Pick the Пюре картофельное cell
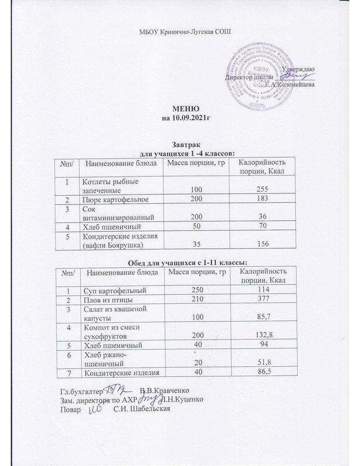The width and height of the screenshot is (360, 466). [115, 200]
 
